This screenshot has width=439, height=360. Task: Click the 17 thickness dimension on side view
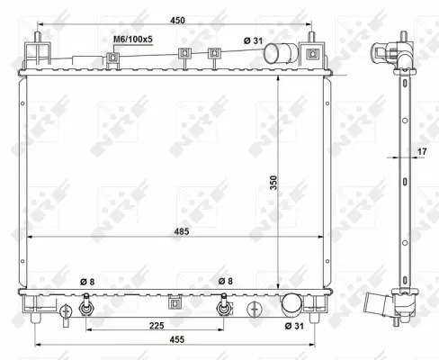tap(421, 152)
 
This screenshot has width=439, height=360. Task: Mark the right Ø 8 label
tap(227, 283)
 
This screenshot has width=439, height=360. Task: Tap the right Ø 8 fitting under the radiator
tap(222, 309)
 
